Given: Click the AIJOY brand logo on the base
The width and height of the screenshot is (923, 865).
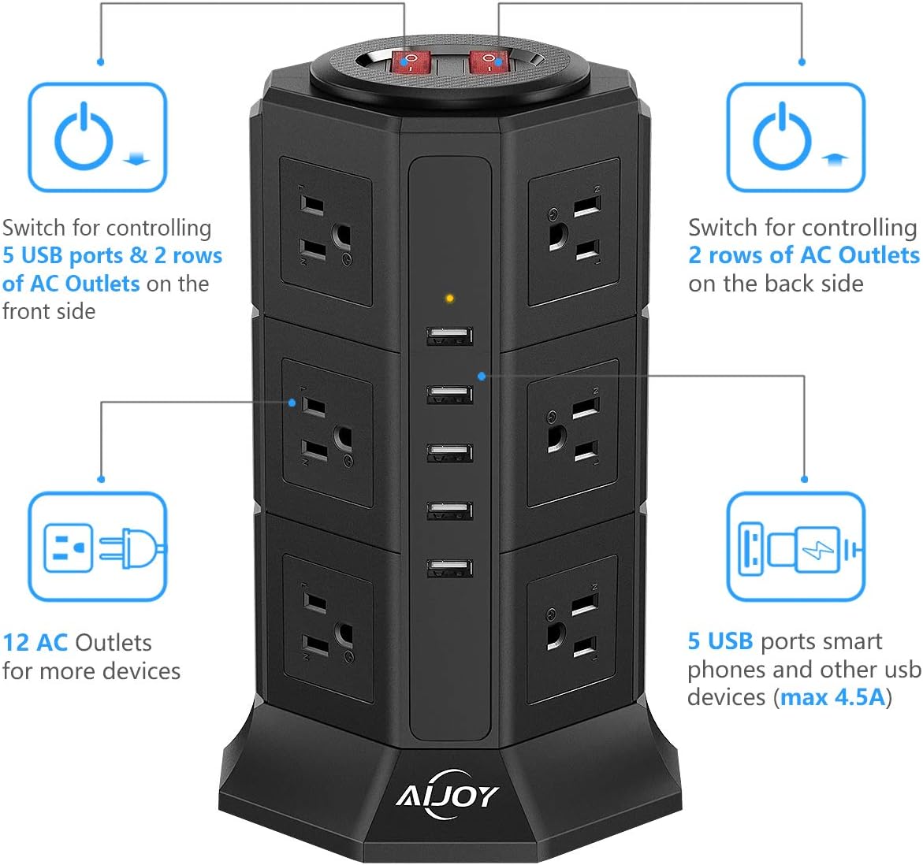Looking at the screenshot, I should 447,794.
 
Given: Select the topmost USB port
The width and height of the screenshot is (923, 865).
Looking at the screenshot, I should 450,336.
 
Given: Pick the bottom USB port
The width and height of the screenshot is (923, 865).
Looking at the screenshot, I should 450,568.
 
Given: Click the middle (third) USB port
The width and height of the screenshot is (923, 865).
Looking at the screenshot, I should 450,453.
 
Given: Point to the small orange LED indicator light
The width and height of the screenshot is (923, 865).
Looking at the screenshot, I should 449,299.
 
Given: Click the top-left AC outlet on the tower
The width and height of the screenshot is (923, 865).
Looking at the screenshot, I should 326,232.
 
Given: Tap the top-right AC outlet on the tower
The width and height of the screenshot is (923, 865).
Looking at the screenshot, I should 574,232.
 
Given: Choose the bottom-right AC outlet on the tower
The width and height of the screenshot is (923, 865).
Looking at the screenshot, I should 572,628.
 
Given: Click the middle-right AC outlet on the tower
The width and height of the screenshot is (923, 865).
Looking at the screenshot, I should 573,432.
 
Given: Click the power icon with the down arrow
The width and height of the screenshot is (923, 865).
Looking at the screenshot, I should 98,138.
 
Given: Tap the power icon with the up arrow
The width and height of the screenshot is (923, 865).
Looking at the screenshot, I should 795,138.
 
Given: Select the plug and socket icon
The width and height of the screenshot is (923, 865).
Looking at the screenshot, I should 98,547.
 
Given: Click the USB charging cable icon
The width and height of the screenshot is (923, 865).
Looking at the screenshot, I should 795,547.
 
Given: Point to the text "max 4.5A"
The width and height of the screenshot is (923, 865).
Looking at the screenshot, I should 833,697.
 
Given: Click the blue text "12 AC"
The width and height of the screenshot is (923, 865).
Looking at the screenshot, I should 35,643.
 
